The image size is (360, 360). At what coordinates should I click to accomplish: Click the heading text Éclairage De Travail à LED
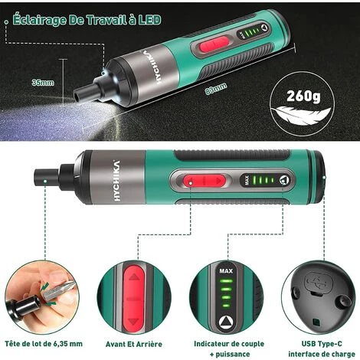tap(87, 20)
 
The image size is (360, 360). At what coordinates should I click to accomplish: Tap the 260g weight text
tap(303, 96)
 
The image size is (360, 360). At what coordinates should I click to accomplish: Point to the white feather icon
tap(301, 113)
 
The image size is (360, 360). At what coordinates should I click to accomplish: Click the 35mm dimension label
tap(43, 83)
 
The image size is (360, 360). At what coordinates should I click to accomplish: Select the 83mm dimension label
tap(216, 89)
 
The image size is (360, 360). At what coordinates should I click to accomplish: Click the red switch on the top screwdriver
tap(214, 44)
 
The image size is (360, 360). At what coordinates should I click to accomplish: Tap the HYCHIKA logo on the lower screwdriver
tap(116, 181)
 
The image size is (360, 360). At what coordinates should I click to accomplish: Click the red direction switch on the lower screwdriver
tap(205, 181)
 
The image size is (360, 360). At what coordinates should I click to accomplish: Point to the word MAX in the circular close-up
tap(226, 270)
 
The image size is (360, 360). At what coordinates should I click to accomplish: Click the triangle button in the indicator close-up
tap(226, 322)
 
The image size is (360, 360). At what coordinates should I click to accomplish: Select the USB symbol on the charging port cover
tap(319, 282)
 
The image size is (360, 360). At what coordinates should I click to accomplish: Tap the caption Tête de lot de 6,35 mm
tap(44, 344)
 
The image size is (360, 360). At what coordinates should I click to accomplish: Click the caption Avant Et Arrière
tap(134, 344)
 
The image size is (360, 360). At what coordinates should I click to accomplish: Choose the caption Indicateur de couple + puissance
tap(229, 349)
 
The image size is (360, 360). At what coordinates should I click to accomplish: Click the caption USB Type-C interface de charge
tap(322, 349)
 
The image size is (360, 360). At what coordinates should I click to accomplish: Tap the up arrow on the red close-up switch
tap(134, 277)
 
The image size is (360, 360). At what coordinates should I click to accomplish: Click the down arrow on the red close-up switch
tap(133, 321)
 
